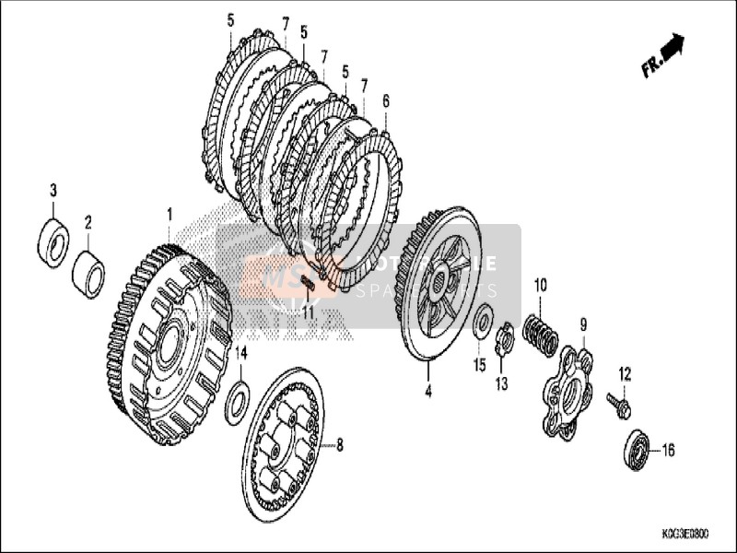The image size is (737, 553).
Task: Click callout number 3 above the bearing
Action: (53, 190)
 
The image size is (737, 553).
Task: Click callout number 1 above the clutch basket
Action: (170, 214)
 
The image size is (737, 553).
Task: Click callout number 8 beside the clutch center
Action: (339, 445)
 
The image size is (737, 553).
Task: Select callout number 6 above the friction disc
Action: (385, 100)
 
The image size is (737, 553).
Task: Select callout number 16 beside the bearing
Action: (668, 451)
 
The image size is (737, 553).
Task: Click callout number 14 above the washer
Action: (240, 352)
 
